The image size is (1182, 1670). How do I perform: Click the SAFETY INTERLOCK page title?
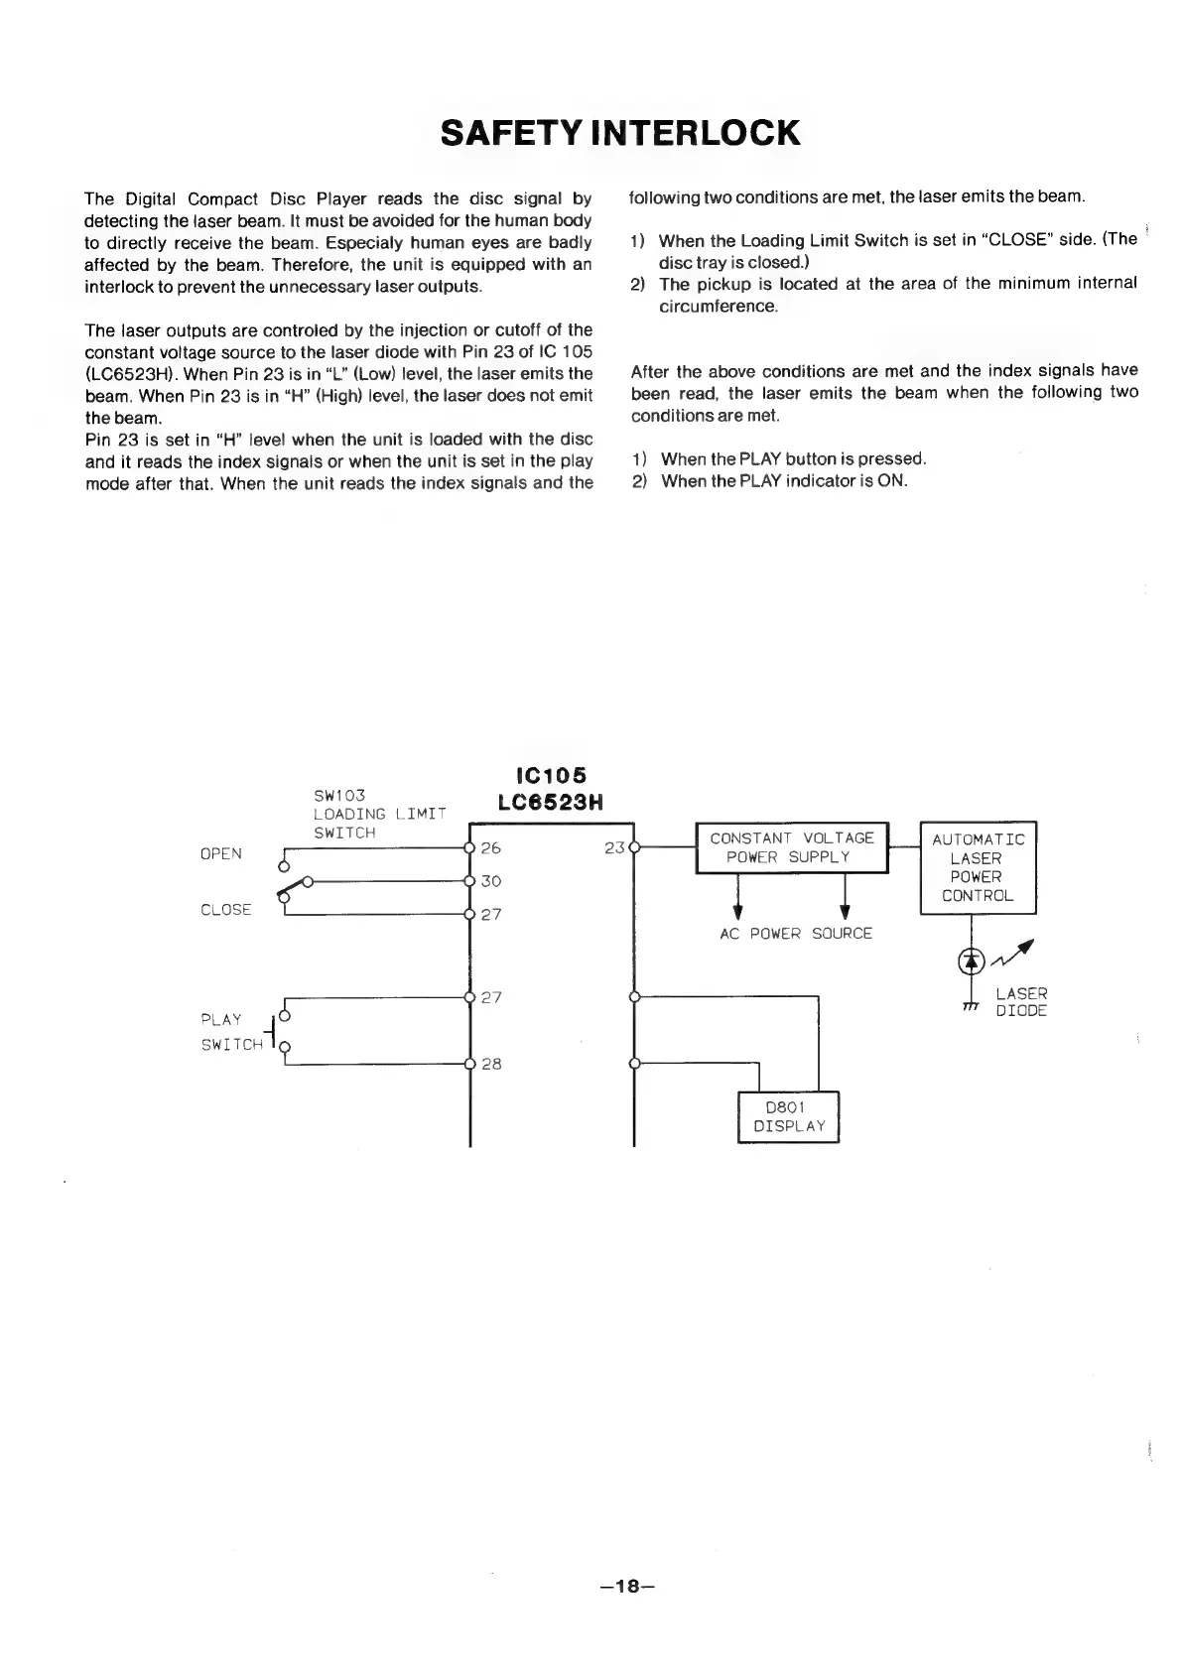pos(619,133)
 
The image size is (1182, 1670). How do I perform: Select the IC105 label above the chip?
pos(551,775)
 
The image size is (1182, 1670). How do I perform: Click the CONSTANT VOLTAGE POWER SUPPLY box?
pos(792,847)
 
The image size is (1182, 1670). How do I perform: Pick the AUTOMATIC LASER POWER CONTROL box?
pos(978,867)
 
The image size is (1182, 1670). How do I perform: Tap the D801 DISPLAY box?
pos(789,1116)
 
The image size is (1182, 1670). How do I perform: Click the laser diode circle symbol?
pos(972,959)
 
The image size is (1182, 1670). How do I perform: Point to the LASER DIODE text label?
pos(1021,1002)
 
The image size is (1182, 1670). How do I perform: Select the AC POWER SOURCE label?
pos(795,934)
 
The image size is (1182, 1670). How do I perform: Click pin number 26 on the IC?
pos(490,848)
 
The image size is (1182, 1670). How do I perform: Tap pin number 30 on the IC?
pos(490,881)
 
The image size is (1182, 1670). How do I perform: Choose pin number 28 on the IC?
pos(490,1064)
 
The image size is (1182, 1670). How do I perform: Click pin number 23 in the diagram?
pos(614,848)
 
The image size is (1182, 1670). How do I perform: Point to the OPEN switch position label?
pos(220,853)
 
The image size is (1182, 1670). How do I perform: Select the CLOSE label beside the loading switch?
pos(225,910)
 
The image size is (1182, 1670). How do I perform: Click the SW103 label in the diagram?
pos(339,796)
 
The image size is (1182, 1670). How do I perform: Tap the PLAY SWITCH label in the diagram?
pos(231,1032)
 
